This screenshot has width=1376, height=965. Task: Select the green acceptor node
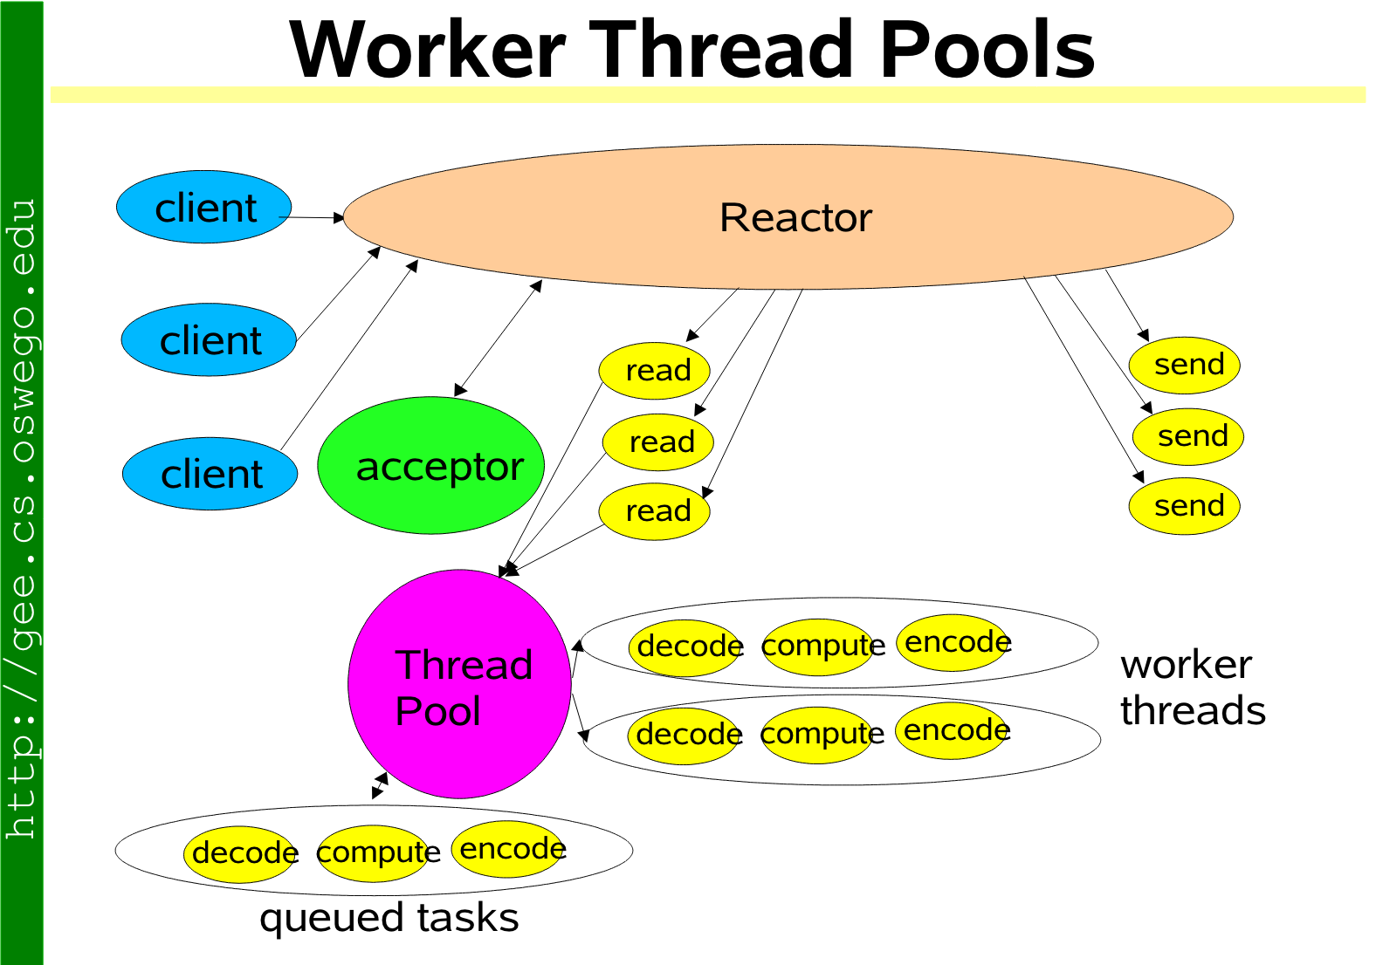tap(431, 466)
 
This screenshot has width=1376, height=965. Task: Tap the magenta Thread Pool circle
tap(459, 684)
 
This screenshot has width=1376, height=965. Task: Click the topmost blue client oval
tap(203, 208)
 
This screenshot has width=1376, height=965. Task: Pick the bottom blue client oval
tap(210, 474)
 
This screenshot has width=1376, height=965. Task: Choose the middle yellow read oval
tap(658, 442)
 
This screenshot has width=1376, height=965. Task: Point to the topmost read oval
tap(655, 371)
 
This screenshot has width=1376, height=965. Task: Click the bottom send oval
tap(1185, 506)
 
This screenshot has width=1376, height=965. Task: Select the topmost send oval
tap(1185, 365)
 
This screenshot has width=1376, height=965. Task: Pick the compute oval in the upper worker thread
tap(818, 647)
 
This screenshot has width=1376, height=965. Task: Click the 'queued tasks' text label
tap(389, 918)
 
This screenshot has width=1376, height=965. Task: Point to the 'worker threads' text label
tap(1193, 688)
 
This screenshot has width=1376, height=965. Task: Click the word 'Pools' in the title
tap(987, 50)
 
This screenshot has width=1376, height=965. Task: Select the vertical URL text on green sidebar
tap(21, 519)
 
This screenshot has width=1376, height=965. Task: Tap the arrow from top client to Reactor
tap(313, 217)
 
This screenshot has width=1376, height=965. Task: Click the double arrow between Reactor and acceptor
tap(499, 338)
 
